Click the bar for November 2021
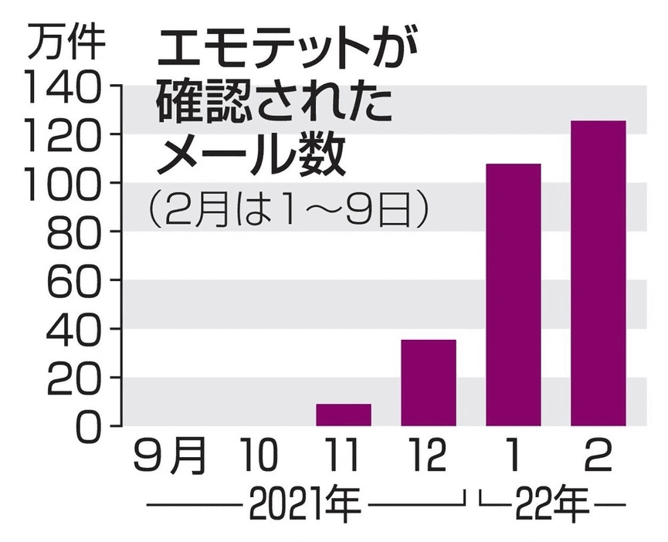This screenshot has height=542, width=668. (344, 415)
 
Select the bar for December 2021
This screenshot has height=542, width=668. (429, 382)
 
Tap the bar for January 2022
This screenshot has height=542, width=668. (513, 294)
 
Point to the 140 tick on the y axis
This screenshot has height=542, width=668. (63, 86)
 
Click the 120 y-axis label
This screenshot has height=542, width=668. (63, 134)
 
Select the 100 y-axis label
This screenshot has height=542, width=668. (63, 183)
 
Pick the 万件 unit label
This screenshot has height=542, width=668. (67, 43)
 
